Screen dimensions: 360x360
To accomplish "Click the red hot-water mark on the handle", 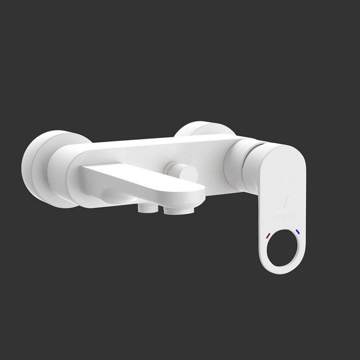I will (268, 235).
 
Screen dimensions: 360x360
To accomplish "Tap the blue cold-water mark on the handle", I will (297, 232).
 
